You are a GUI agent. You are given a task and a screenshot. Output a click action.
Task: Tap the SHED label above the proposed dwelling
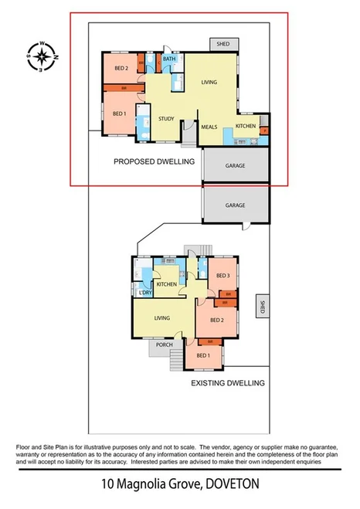tap(224, 44)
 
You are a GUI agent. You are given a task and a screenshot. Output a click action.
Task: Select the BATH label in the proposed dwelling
tap(170, 59)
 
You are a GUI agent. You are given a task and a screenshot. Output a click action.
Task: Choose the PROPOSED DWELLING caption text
tap(154, 162)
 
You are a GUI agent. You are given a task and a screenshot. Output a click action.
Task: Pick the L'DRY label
tap(144, 292)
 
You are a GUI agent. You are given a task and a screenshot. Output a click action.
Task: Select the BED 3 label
tap(223, 276)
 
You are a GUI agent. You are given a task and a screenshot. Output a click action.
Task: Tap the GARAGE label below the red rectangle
tap(236, 205)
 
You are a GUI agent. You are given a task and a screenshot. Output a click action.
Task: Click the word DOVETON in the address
tap(228, 485)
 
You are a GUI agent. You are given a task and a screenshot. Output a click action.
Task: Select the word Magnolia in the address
tap(144, 485)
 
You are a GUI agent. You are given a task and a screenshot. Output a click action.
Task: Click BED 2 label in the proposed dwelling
tap(122, 68)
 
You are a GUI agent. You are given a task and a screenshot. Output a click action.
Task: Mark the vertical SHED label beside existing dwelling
tap(262, 306)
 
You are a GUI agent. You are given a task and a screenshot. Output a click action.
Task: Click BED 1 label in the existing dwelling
tap(203, 355)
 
